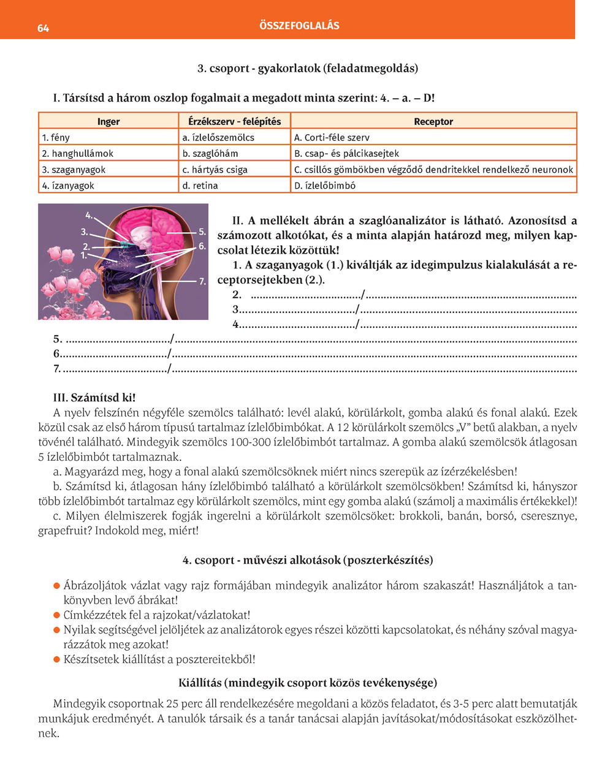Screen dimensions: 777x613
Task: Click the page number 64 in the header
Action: click(x=43, y=28)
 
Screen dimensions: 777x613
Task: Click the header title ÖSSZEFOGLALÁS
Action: click(x=299, y=26)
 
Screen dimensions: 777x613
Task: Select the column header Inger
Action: click(x=109, y=121)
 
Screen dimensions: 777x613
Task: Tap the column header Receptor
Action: click(x=433, y=121)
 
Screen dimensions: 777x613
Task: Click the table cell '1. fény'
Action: click(x=56, y=137)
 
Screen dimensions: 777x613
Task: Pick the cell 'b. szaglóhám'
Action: click(x=210, y=153)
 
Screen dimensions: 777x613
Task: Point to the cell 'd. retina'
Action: click(x=200, y=185)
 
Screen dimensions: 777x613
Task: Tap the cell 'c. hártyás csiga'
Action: click(x=215, y=169)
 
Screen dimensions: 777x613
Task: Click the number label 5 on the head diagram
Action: click(x=202, y=232)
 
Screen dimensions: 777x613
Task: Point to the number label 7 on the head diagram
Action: click(x=202, y=281)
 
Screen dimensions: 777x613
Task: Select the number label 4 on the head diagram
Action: click(x=89, y=215)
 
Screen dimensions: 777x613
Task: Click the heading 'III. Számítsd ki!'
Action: click(x=94, y=398)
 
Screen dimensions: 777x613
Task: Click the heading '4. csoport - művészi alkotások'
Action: click(x=308, y=560)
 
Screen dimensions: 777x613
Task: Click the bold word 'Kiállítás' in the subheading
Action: click(x=200, y=683)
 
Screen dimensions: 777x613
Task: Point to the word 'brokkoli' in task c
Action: click(x=419, y=516)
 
